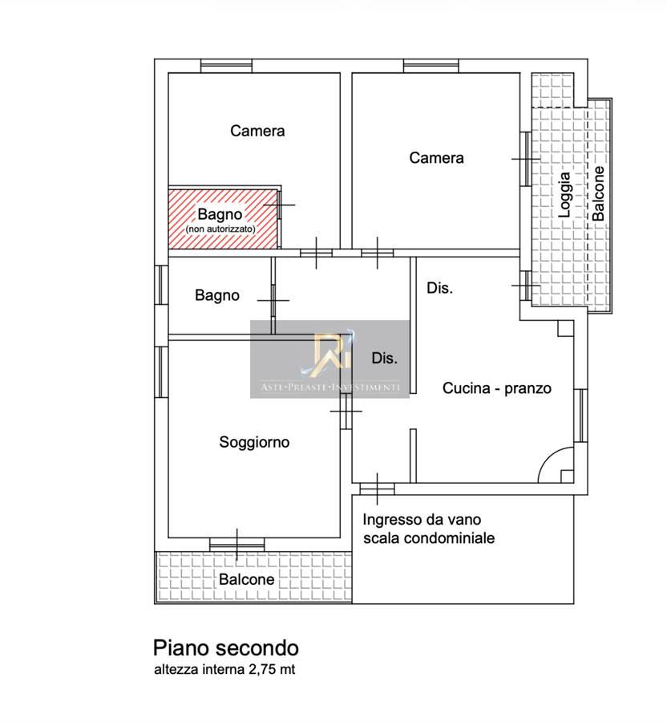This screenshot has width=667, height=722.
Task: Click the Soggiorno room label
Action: (254, 442)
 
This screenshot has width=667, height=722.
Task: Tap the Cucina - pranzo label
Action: (497, 388)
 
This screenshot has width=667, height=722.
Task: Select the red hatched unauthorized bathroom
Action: (224, 219)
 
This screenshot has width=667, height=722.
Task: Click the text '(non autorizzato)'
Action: (220, 229)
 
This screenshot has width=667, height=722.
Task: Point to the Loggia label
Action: (564, 195)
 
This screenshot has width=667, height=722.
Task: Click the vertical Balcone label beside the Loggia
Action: (598, 193)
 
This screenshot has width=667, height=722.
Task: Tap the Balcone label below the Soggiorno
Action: (247, 578)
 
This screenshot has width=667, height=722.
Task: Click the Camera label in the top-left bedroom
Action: (257, 131)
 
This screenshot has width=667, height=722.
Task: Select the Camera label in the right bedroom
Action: (436, 158)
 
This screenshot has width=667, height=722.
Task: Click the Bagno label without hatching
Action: (217, 295)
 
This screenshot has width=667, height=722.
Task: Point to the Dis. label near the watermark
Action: (385, 359)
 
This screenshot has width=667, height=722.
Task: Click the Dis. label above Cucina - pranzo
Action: (440, 288)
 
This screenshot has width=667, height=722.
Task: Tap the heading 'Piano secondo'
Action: (226, 648)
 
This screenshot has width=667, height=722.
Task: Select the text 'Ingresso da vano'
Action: (422, 519)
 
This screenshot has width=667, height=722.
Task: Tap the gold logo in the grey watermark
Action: (332, 352)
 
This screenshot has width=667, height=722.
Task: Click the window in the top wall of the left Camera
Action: (226, 66)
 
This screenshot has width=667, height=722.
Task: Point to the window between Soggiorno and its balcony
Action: (237, 544)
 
